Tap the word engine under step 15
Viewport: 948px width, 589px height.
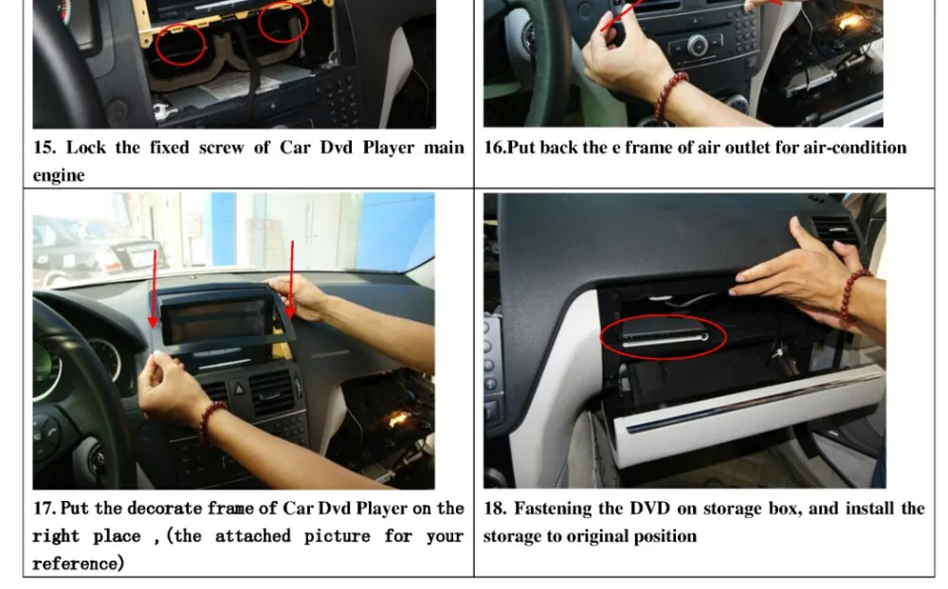click(58, 175)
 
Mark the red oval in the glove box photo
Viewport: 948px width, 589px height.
click(663, 336)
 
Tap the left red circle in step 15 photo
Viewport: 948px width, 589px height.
click(180, 44)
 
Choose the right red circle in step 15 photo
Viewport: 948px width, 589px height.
click(283, 22)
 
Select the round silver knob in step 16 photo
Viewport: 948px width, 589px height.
click(697, 44)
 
